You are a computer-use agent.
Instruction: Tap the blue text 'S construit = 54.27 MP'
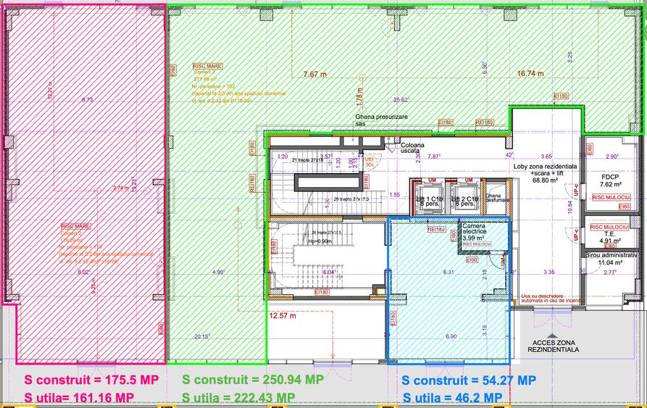[468, 380]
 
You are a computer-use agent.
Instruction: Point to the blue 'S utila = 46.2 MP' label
[453, 397]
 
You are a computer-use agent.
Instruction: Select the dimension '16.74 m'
[530, 73]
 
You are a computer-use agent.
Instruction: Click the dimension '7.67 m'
[315, 73]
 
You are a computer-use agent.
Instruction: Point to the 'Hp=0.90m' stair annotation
[321, 241]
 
